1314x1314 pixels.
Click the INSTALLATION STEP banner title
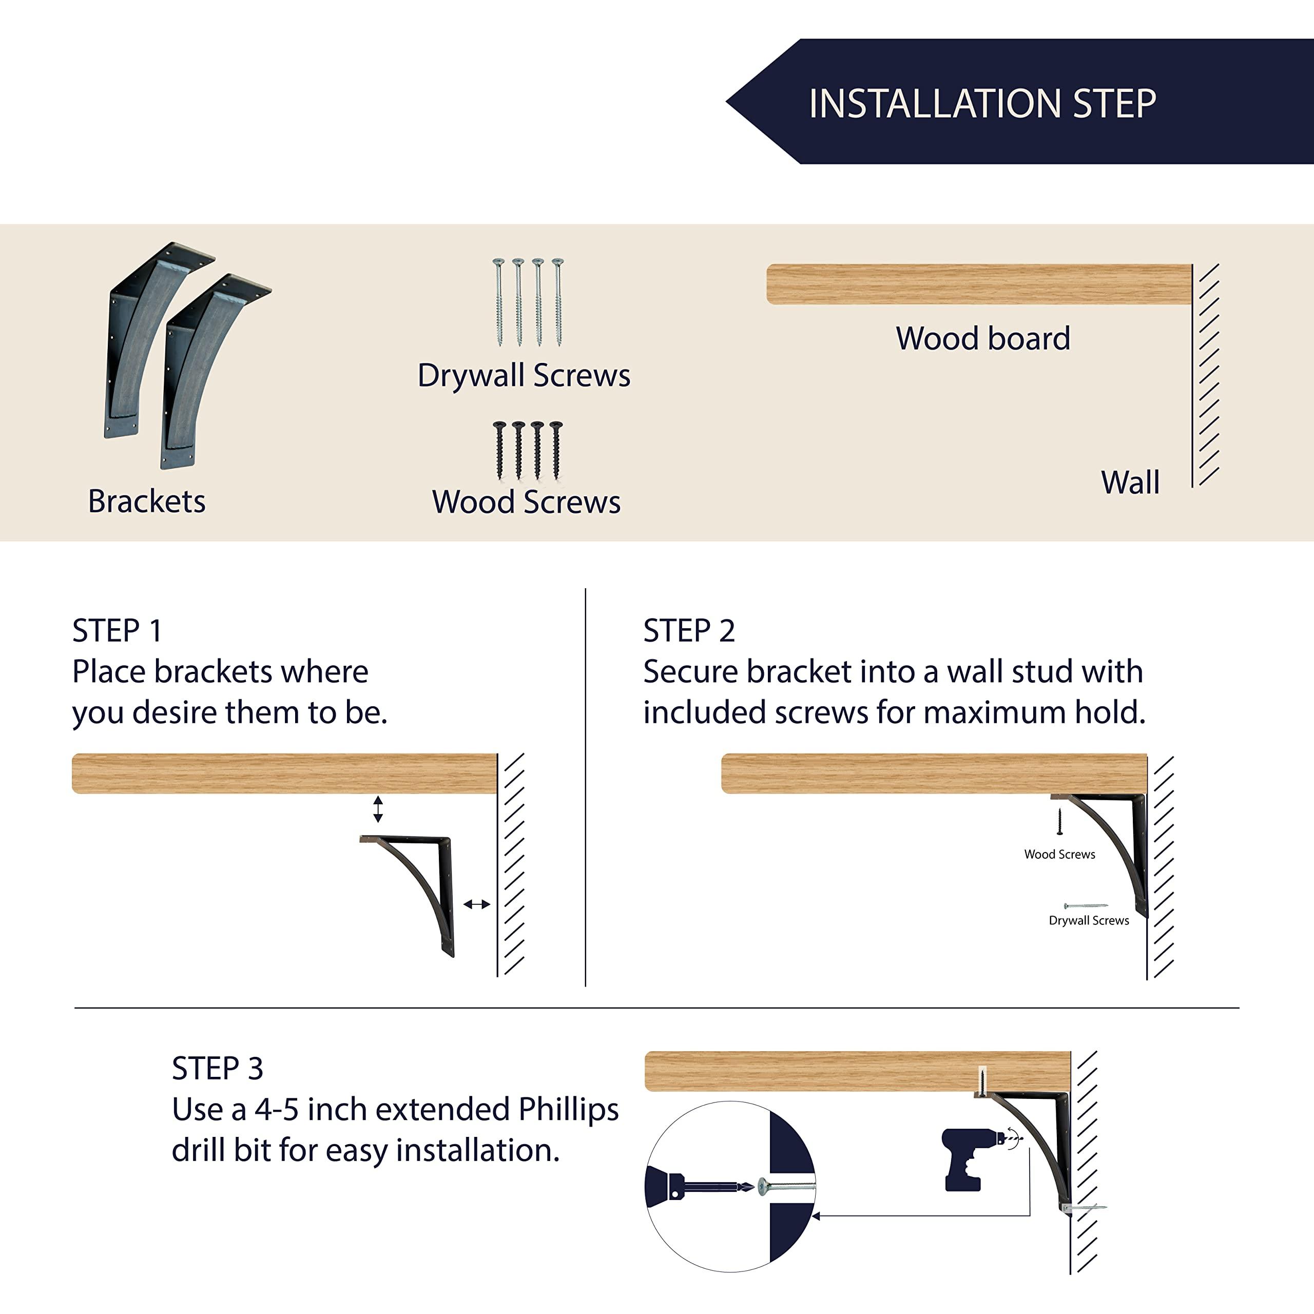pyautogui.click(x=982, y=104)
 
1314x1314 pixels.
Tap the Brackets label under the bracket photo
pyautogui.click(x=146, y=502)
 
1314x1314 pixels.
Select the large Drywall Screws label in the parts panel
pyautogui.click(x=524, y=375)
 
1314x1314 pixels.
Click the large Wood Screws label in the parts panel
pyautogui.click(x=526, y=502)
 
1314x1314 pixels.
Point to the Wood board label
pyautogui.click(x=983, y=338)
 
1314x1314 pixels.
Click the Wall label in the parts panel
pyautogui.click(x=1130, y=482)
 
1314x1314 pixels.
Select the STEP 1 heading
pyautogui.click(x=117, y=630)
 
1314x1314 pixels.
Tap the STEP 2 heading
pyautogui.click(x=689, y=630)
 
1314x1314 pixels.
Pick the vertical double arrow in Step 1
pyautogui.click(x=378, y=808)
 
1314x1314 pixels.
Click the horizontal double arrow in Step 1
pyautogui.click(x=476, y=904)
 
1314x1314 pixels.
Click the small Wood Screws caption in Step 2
pyautogui.click(x=1059, y=854)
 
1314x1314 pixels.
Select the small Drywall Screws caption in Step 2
pyautogui.click(x=1089, y=920)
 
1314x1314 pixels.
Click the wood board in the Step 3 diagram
pyautogui.click(x=858, y=1071)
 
